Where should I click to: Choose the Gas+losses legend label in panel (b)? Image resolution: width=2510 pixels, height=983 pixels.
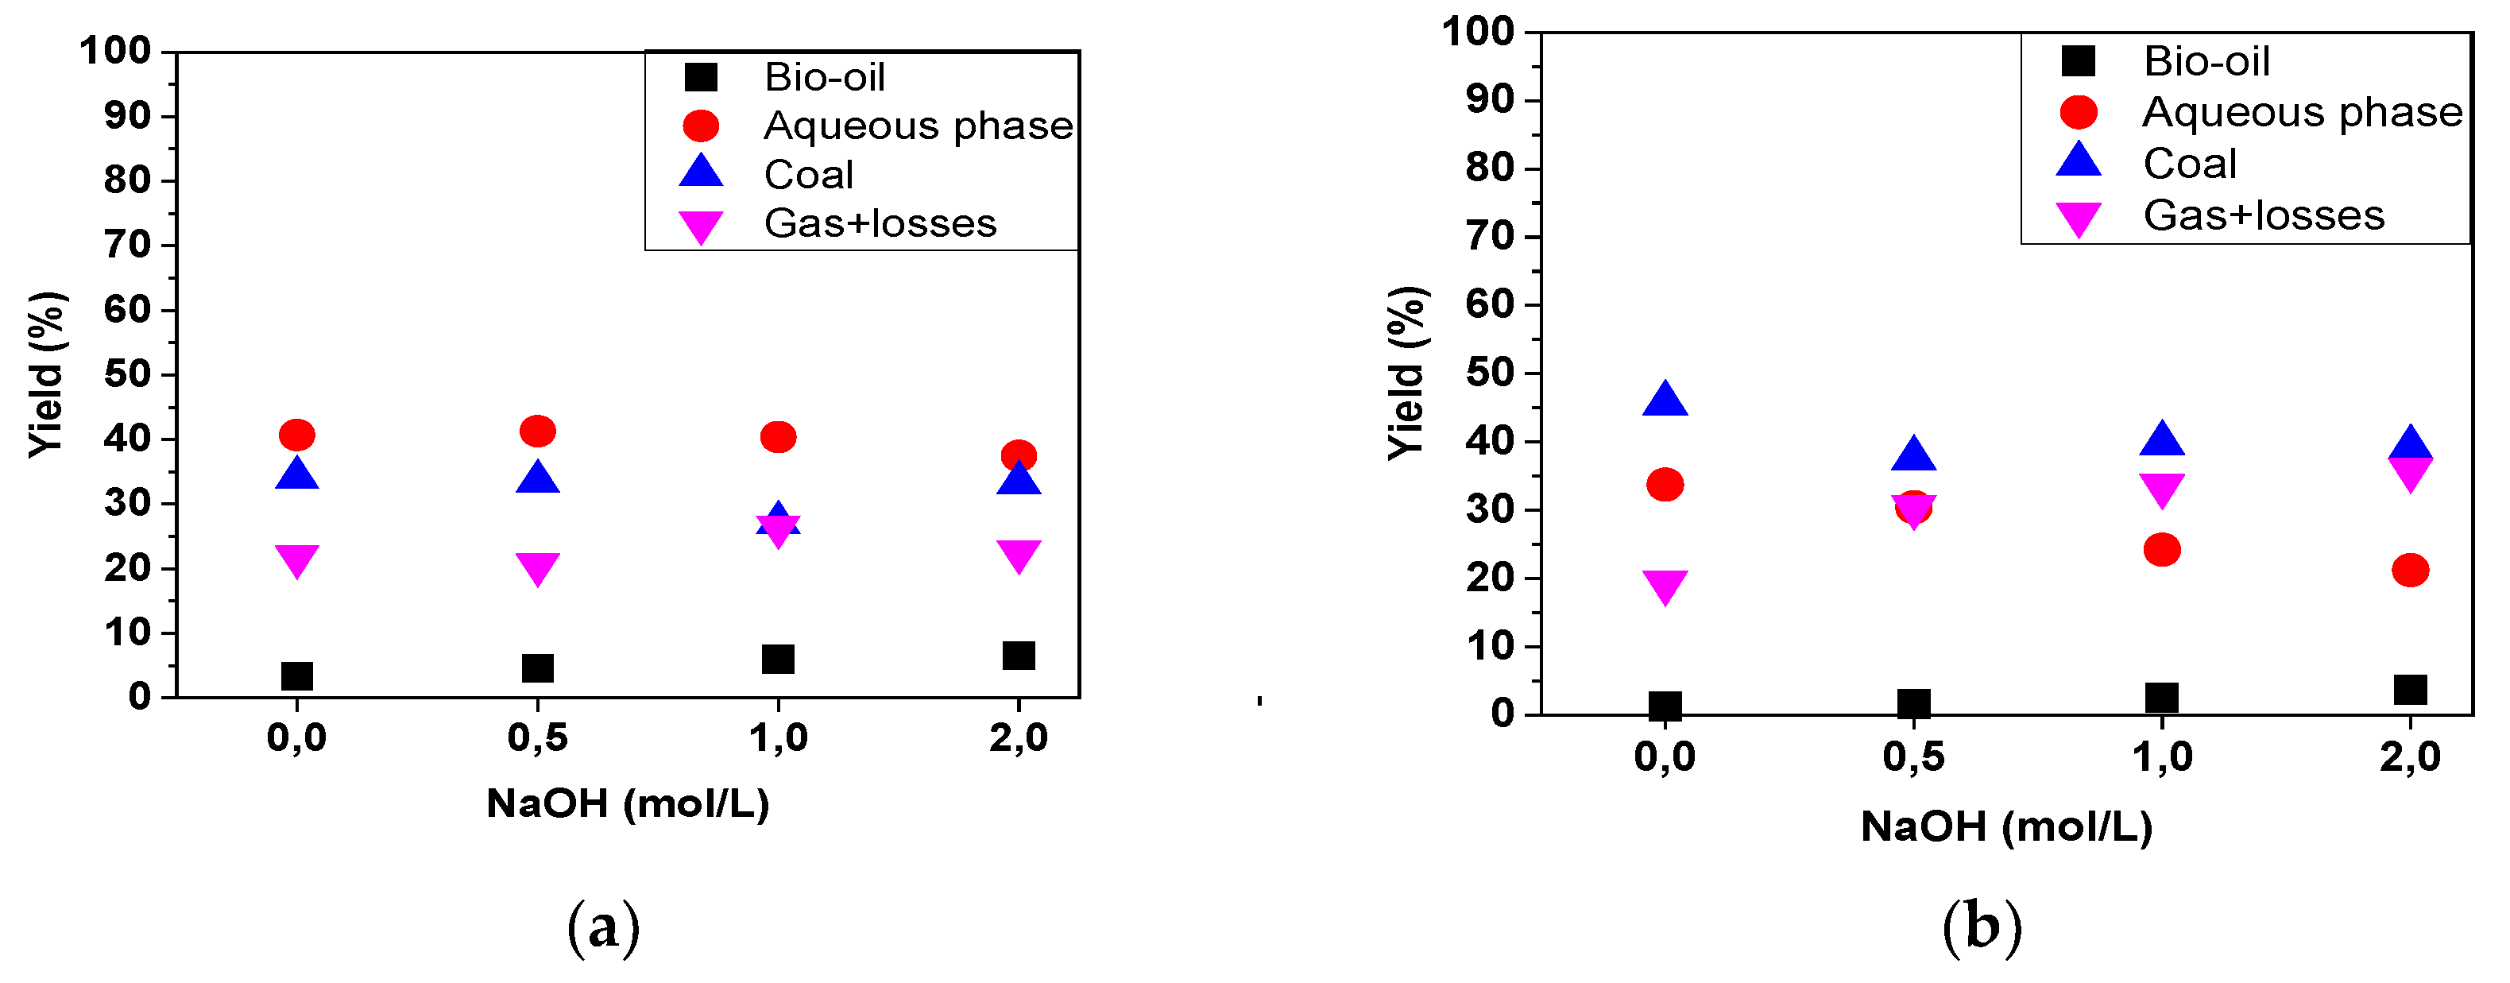[2264, 215]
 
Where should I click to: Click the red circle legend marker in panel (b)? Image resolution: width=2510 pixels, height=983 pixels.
[2078, 113]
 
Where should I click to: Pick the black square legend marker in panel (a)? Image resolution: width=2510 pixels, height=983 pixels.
[701, 77]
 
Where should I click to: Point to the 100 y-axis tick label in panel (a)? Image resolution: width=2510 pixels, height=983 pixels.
[115, 51]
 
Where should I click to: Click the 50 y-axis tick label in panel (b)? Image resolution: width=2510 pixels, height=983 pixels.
[1491, 373]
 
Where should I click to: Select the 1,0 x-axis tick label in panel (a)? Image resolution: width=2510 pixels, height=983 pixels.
[778, 738]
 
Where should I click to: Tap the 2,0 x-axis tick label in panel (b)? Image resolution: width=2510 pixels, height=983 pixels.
[2410, 757]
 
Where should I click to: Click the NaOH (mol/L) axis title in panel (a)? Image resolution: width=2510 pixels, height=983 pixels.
[628, 803]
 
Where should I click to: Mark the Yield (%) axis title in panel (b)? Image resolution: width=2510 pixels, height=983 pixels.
[1407, 373]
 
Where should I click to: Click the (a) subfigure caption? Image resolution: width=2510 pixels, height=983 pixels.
[603, 927]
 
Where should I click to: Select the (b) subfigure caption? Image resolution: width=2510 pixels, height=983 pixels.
[1982, 927]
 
